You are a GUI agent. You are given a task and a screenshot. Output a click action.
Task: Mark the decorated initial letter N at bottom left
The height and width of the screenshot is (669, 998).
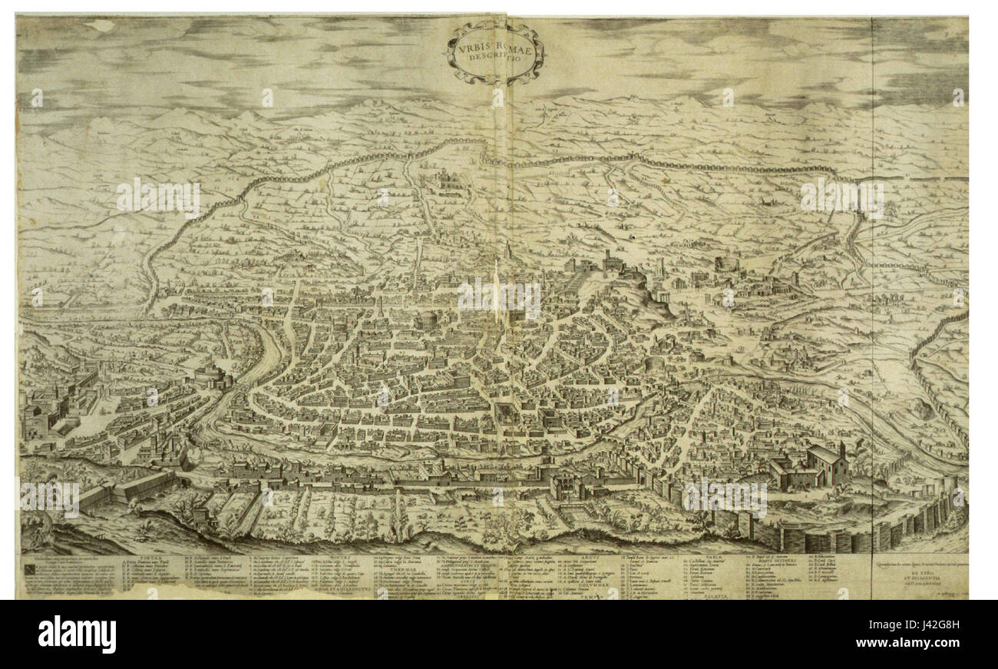(28, 568)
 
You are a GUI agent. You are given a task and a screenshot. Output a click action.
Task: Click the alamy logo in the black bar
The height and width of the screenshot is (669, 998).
(77, 634)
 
